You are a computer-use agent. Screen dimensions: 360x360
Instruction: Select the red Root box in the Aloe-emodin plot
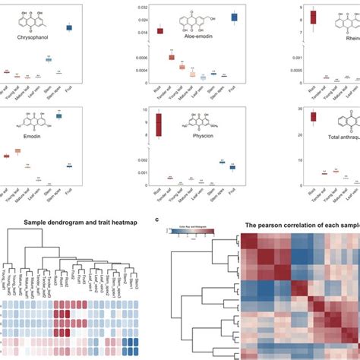coord(160,31)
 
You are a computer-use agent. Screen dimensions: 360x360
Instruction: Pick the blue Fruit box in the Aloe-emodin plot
coord(235,17)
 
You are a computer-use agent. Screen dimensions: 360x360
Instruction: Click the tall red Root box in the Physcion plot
coord(159,125)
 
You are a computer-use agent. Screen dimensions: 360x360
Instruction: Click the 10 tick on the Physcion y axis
coord(144,109)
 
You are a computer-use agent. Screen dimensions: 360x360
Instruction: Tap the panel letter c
coord(156,219)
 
